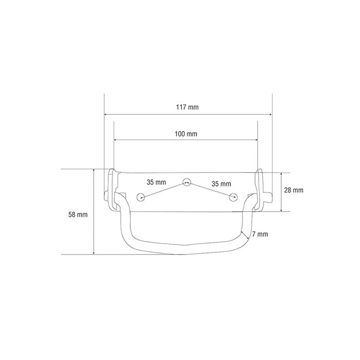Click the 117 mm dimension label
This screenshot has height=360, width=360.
click(187, 107)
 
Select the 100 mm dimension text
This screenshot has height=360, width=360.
click(186, 134)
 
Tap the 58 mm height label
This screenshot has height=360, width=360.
click(78, 215)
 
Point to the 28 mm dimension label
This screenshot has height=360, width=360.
click(293, 190)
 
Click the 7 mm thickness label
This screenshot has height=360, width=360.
click(260, 234)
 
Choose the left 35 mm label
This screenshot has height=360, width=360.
click(157, 182)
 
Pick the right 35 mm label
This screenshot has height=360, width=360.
click(221, 184)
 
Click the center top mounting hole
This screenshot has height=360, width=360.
click(187, 182)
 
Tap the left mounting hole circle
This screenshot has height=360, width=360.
click(141, 197)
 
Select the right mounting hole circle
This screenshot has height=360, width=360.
click(233, 197)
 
